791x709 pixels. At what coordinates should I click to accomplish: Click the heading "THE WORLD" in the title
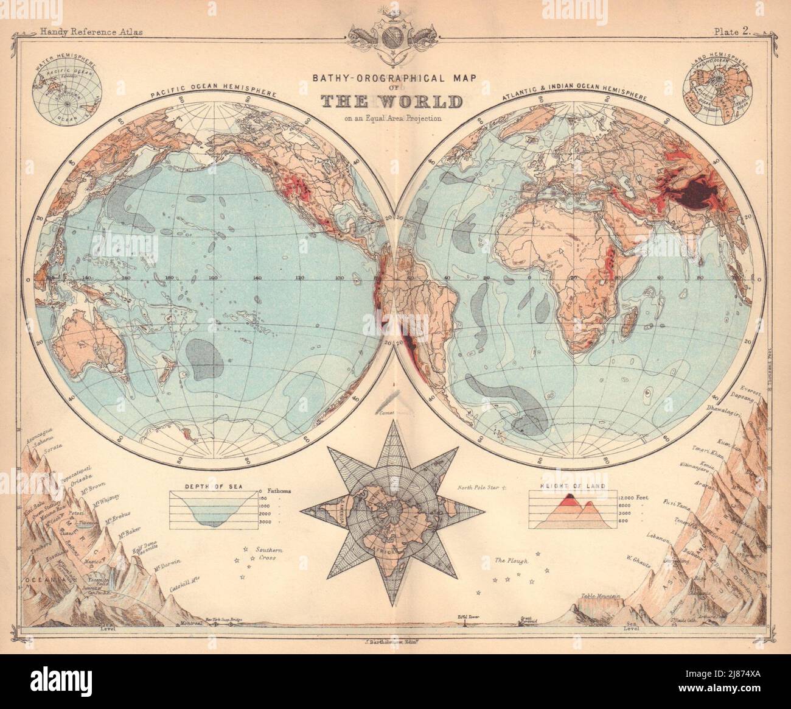[x=395, y=102]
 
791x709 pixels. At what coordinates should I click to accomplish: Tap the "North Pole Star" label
[x=481, y=488]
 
